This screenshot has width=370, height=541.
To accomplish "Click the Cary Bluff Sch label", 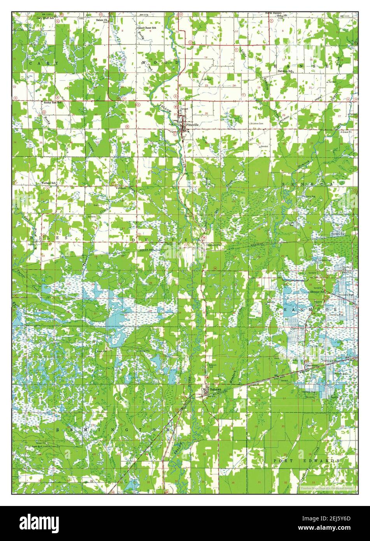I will pos(45,18).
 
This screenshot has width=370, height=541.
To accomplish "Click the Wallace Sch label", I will pos(49,183).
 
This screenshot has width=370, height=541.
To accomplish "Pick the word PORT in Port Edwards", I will pos(283,460).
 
